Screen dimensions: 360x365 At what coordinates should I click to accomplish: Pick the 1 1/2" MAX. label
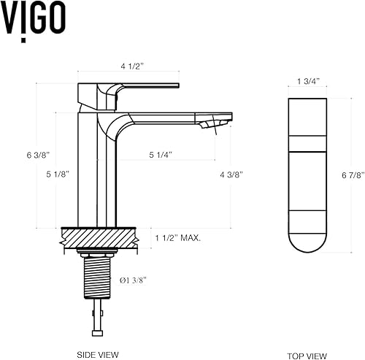coord(178,237)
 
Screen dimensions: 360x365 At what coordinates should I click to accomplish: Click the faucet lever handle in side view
coord(146,86)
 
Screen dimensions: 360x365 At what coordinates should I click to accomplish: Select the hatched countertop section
coord(99,237)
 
